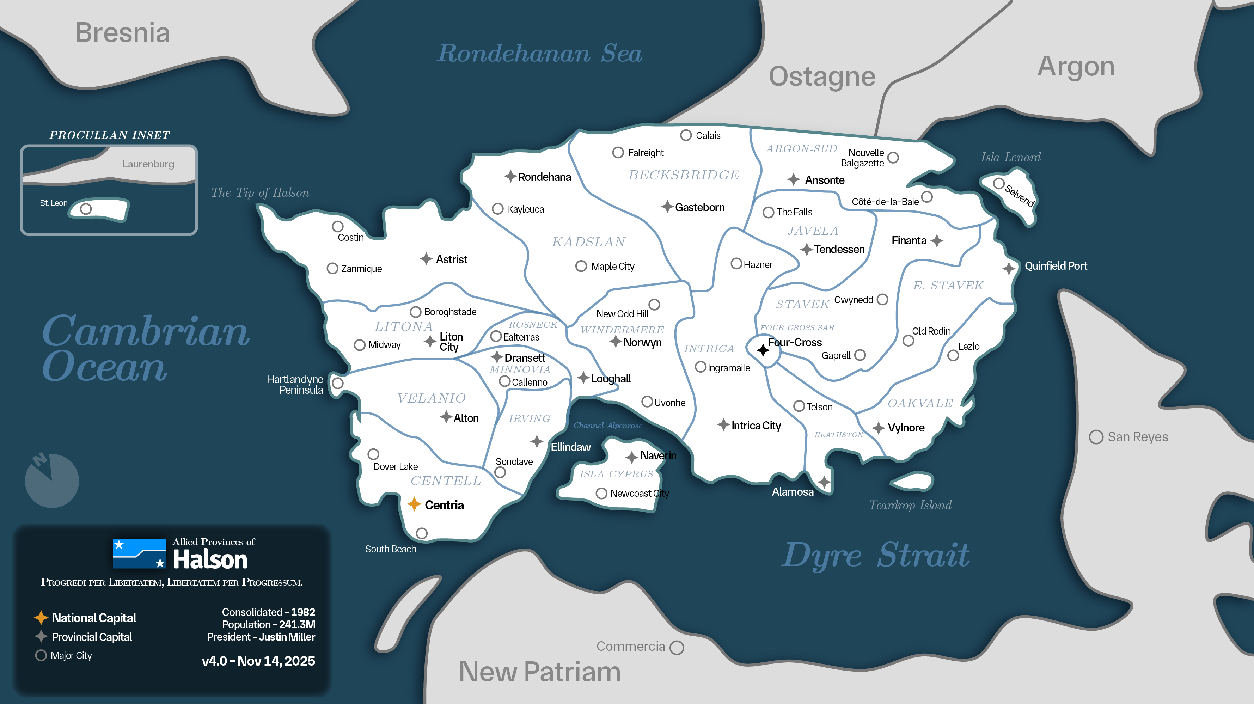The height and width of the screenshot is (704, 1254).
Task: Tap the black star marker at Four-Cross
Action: [763, 350]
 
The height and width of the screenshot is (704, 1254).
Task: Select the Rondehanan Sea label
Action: [539, 53]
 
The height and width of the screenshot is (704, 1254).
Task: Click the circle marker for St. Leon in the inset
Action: [86, 209]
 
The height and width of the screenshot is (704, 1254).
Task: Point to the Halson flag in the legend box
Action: [139, 553]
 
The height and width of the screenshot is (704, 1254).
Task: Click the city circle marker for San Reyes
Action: [1096, 437]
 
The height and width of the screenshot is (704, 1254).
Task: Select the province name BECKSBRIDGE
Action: [684, 175]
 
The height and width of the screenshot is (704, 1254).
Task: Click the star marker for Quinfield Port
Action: [1009, 268]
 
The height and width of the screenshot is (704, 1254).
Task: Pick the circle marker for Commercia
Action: [677, 648]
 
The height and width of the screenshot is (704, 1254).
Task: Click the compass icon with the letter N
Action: [51, 479]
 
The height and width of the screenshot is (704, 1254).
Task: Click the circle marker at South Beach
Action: [422, 533]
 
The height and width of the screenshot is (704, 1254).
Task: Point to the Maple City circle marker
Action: [581, 266]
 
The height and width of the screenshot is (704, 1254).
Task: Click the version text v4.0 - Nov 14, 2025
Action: [258, 661]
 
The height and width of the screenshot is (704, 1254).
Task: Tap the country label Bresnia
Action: [122, 33]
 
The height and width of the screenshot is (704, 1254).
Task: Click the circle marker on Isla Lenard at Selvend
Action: [998, 184]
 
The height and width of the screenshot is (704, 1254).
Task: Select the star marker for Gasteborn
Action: [667, 207]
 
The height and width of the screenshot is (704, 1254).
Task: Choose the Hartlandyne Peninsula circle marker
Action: [337, 383]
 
